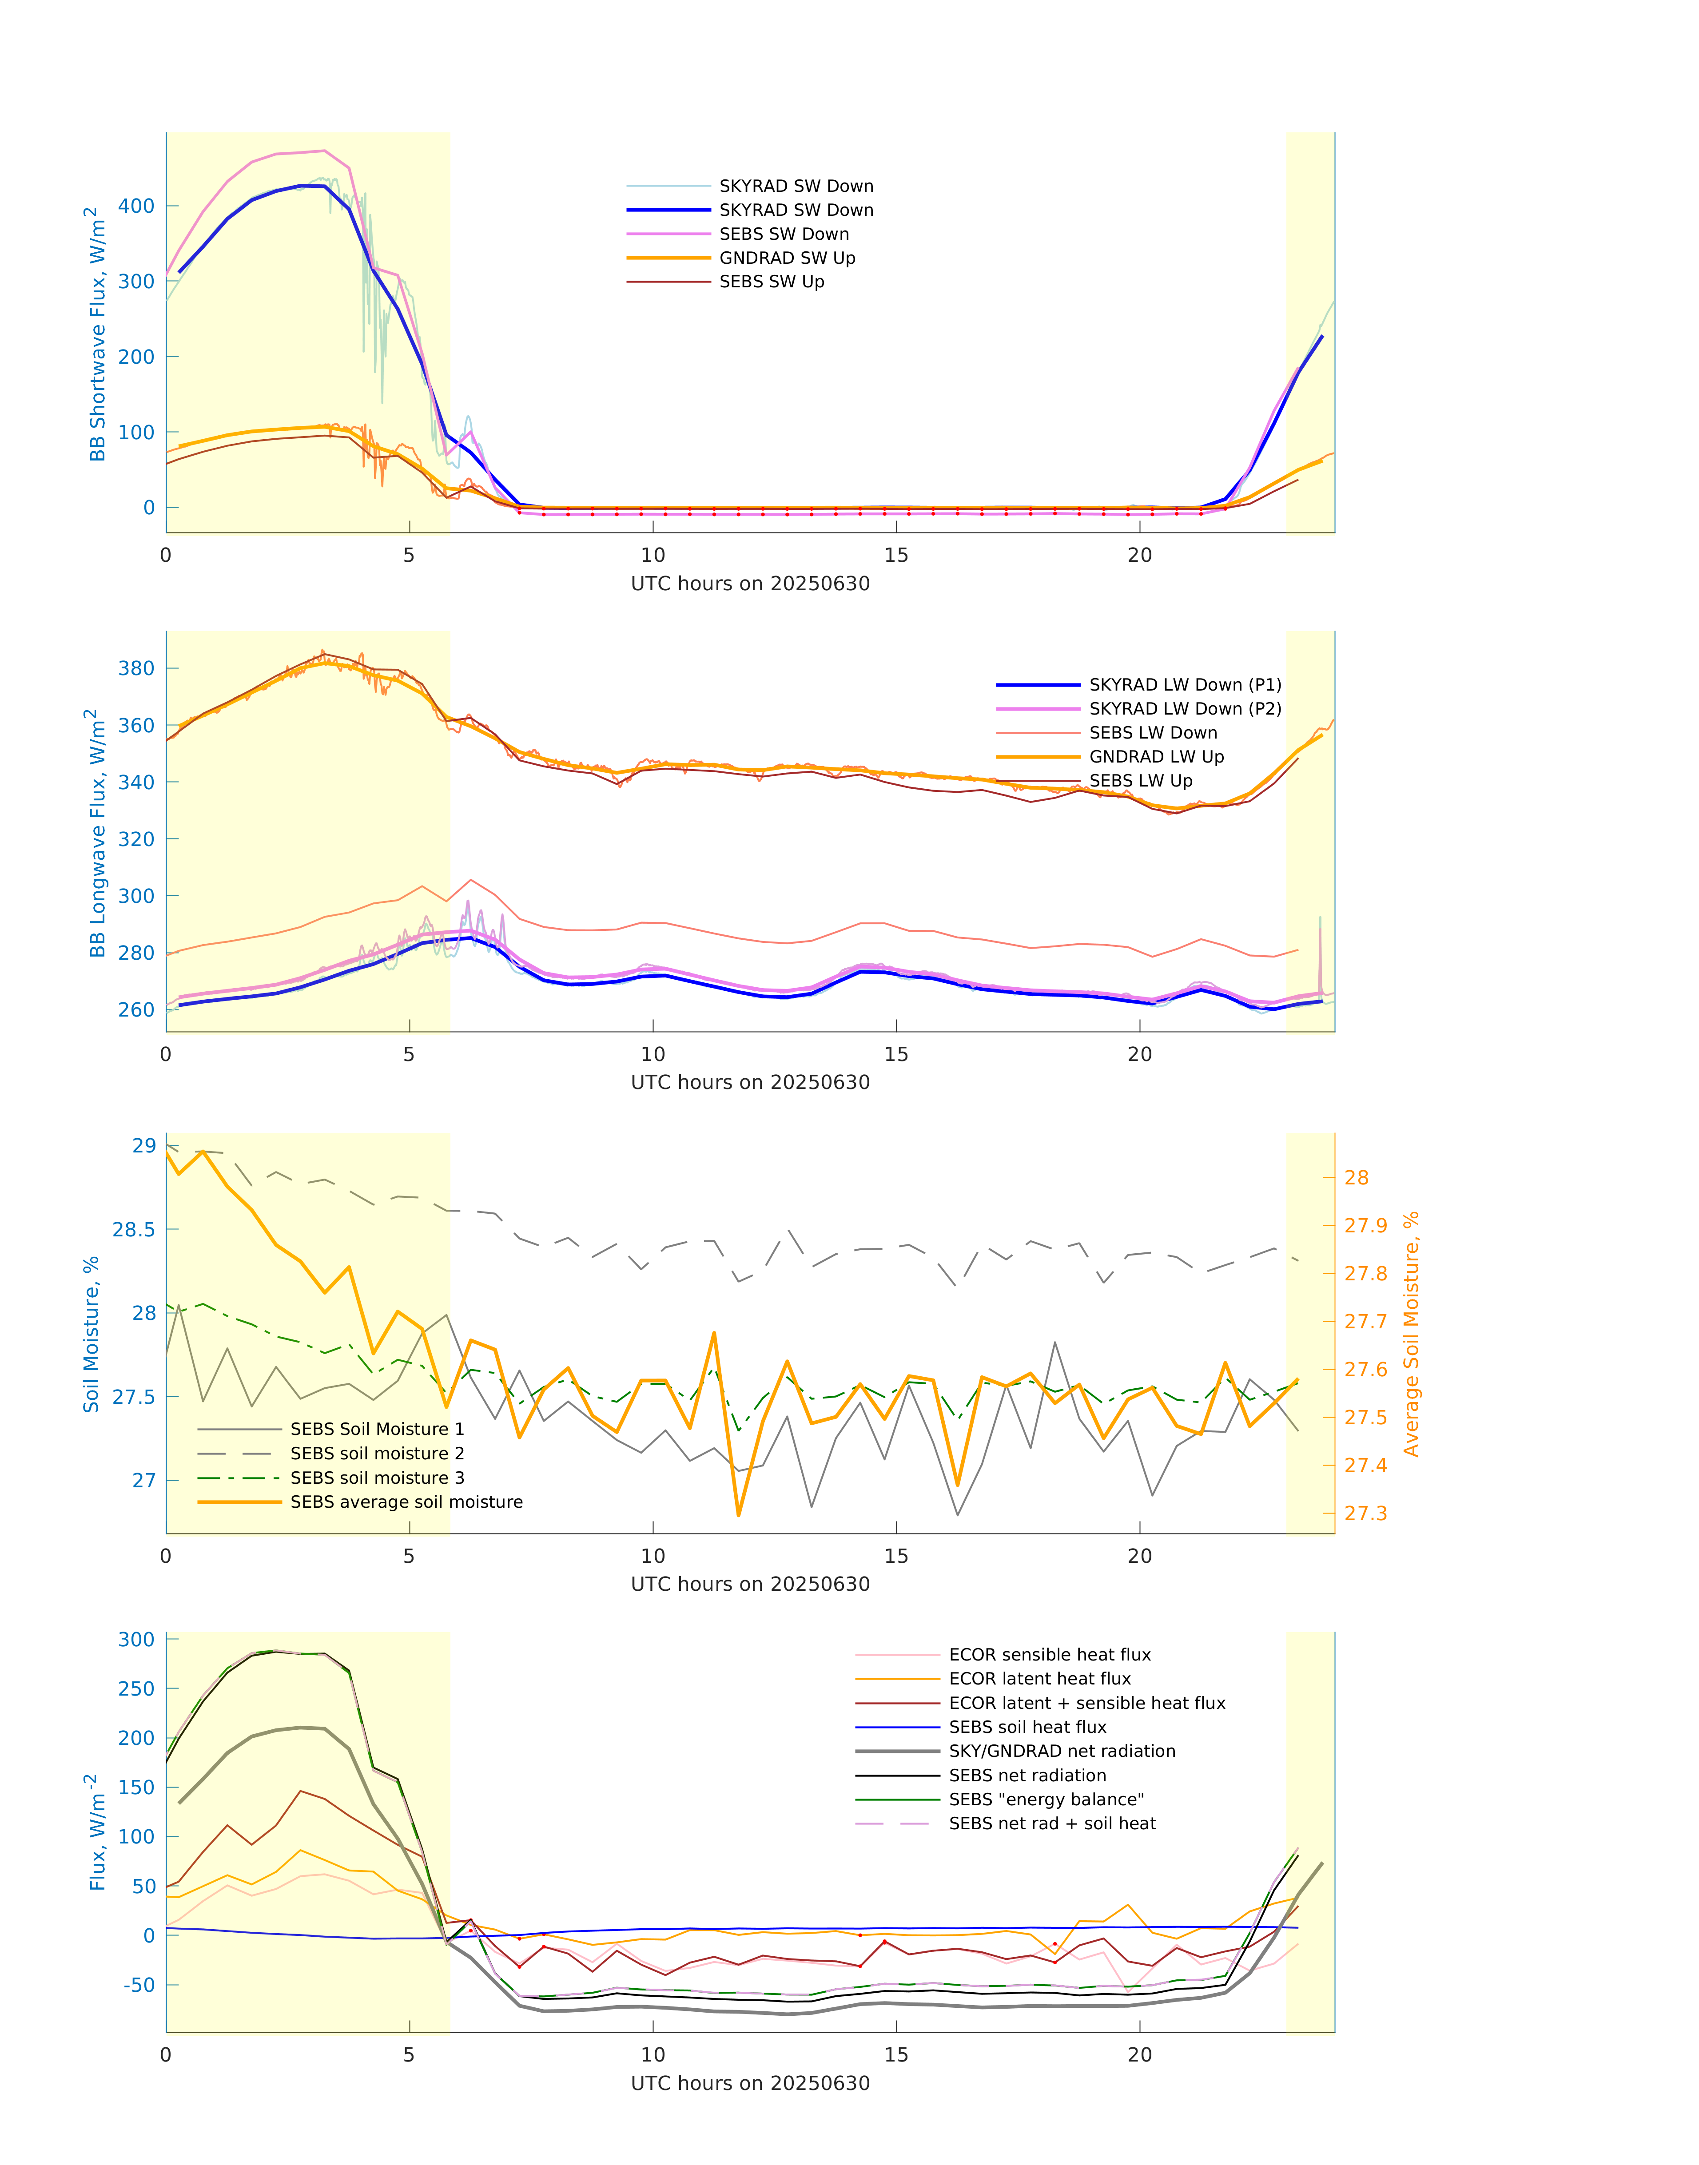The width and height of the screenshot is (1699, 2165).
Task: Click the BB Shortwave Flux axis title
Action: (x=96, y=334)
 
